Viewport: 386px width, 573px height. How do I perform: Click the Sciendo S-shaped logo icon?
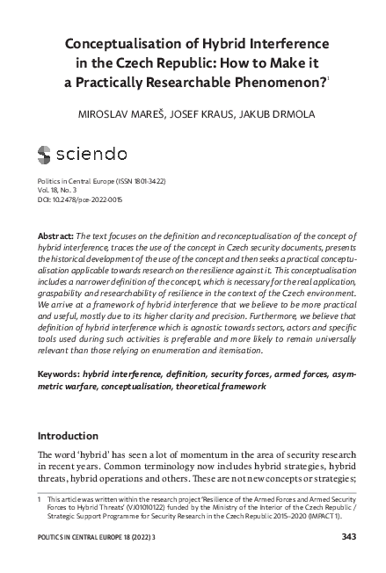click(46, 156)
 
